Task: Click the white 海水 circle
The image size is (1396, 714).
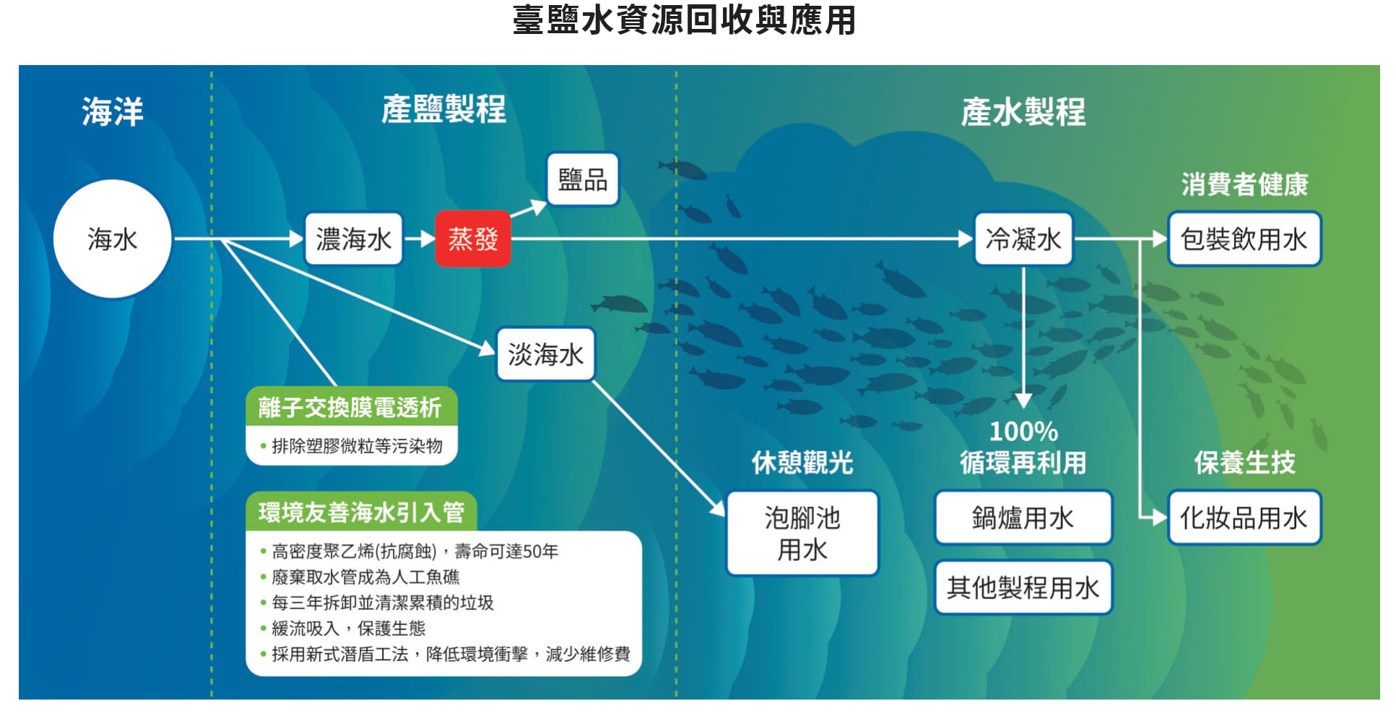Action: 113,238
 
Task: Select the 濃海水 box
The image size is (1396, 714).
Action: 353,238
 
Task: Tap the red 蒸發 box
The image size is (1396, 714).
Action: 473,238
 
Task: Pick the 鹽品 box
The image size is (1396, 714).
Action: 583,179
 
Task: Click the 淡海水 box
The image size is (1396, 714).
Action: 545,354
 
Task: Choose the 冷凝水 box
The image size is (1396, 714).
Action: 1023,238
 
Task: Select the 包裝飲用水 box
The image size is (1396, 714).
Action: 1244,238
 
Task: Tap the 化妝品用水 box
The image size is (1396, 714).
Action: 1244,517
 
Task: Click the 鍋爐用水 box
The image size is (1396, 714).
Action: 1023,517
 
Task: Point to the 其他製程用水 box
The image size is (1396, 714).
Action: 1023,588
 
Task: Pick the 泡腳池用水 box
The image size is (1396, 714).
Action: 802,533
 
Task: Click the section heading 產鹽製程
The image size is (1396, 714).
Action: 443,110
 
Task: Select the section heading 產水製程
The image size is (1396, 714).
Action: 1023,112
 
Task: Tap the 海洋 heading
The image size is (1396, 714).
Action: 113,112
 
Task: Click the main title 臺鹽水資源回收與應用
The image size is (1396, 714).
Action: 684,20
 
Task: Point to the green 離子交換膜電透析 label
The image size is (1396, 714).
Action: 351,406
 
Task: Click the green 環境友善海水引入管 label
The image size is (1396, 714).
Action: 361,512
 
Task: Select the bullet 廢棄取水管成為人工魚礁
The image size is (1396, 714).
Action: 365,577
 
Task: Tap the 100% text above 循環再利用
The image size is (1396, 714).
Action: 1023,431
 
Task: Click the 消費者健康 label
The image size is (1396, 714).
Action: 1244,184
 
